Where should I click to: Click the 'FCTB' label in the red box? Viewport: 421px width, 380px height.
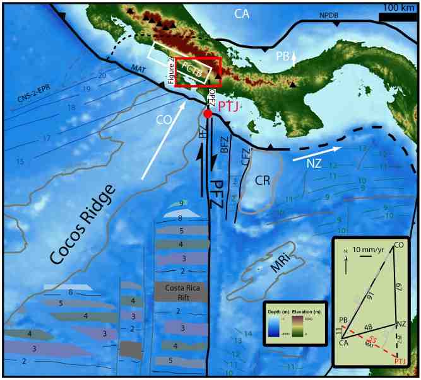click(x=193, y=69)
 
